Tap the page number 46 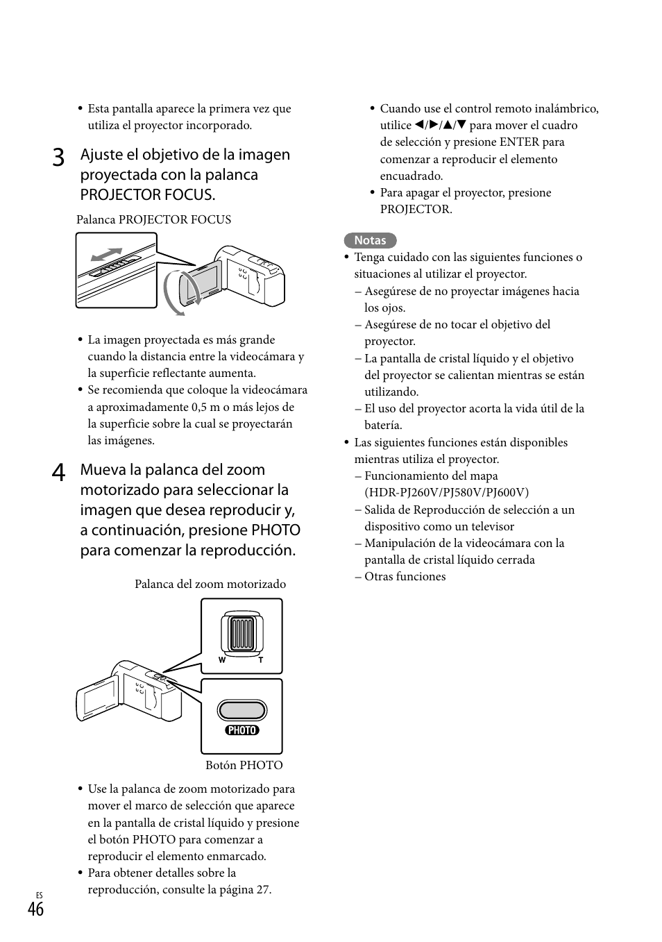click(36, 909)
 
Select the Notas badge click(370, 240)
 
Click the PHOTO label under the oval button click(241, 730)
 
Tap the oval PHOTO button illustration click(241, 710)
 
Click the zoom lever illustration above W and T click(241, 632)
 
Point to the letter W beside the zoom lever click(222, 660)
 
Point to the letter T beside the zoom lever click(261, 660)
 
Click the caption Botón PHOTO click(244, 765)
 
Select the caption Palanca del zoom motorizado click(210, 584)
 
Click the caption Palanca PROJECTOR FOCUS click(153, 219)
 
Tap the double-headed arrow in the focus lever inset click(106, 254)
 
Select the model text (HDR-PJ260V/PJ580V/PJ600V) click(446, 492)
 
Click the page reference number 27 click(262, 890)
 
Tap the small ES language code click(39, 895)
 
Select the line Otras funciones click(405, 577)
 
